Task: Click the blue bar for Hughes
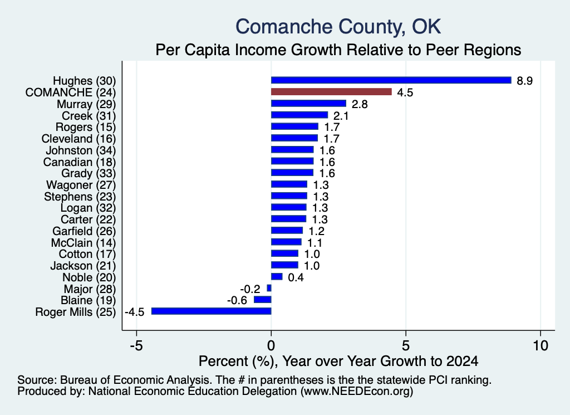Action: (x=391, y=80)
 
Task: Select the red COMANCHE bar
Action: (x=332, y=92)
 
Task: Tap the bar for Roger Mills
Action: (x=211, y=311)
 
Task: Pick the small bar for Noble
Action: (x=277, y=277)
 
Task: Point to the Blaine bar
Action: (x=263, y=300)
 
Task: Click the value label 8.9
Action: (x=524, y=81)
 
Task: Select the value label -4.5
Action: (x=135, y=312)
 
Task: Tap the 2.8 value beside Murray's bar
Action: (x=360, y=104)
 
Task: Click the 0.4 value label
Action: (x=296, y=277)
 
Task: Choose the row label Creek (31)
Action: (x=89, y=116)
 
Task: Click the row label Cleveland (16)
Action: (x=78, y=139)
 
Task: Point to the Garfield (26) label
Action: (x=84, y=231)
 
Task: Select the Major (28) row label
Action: (x=90, y=289)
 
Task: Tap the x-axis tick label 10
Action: (x=540, y=345)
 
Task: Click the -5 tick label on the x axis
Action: (x=136, y=345)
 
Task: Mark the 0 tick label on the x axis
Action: (x=271, y=345)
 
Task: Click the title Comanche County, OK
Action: (x=338, y=27)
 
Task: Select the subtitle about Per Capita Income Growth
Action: (x=338, y=50)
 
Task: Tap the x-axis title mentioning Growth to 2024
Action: (x=338, y=361)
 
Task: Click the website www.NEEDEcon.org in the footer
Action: (x=357, y=392)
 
